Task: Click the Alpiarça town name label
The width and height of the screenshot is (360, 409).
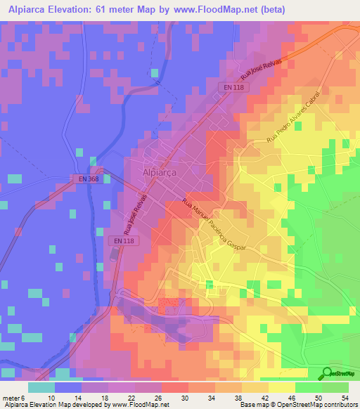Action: point(159,171)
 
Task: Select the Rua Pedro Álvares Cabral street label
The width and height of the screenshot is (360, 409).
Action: point(293,118)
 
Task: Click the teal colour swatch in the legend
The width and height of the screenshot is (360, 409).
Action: point(41,387)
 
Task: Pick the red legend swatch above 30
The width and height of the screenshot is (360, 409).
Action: point(174,387)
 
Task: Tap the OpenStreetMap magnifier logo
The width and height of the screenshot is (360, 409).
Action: point(327,373)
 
